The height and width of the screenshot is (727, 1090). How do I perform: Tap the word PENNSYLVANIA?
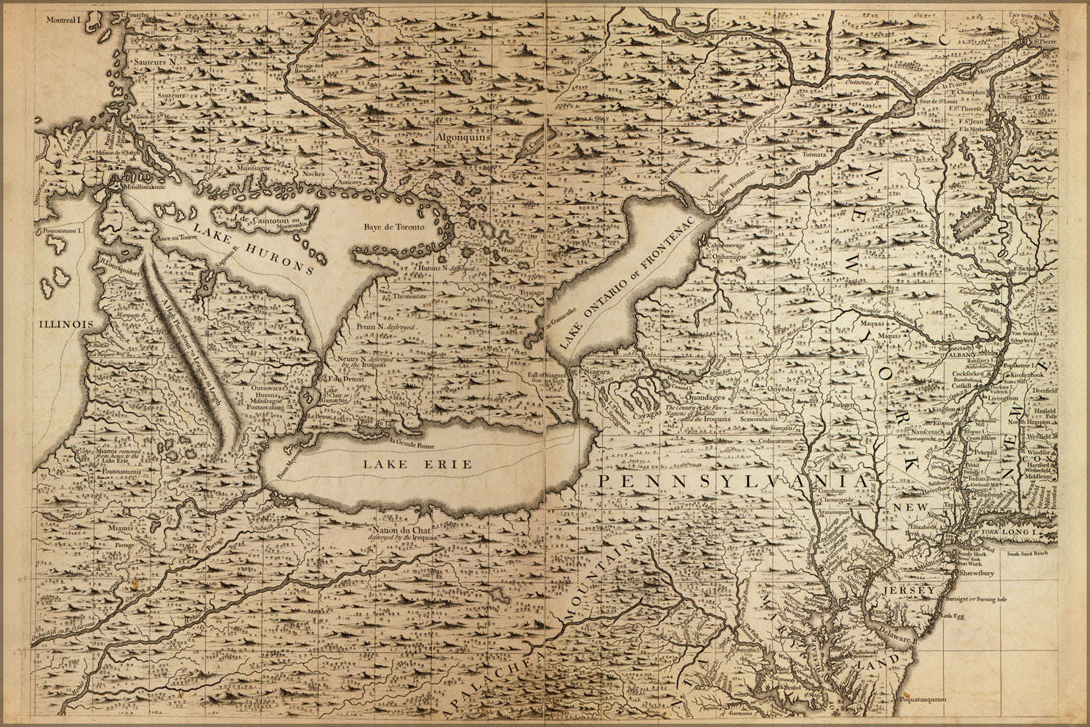pos(732,481)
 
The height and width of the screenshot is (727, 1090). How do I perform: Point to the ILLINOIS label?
pos(63,324)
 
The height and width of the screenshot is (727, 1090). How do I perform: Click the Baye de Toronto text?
pos(393,227)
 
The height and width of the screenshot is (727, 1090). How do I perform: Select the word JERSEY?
pos(909,590)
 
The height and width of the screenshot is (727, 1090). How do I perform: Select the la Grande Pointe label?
pos(417,442)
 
